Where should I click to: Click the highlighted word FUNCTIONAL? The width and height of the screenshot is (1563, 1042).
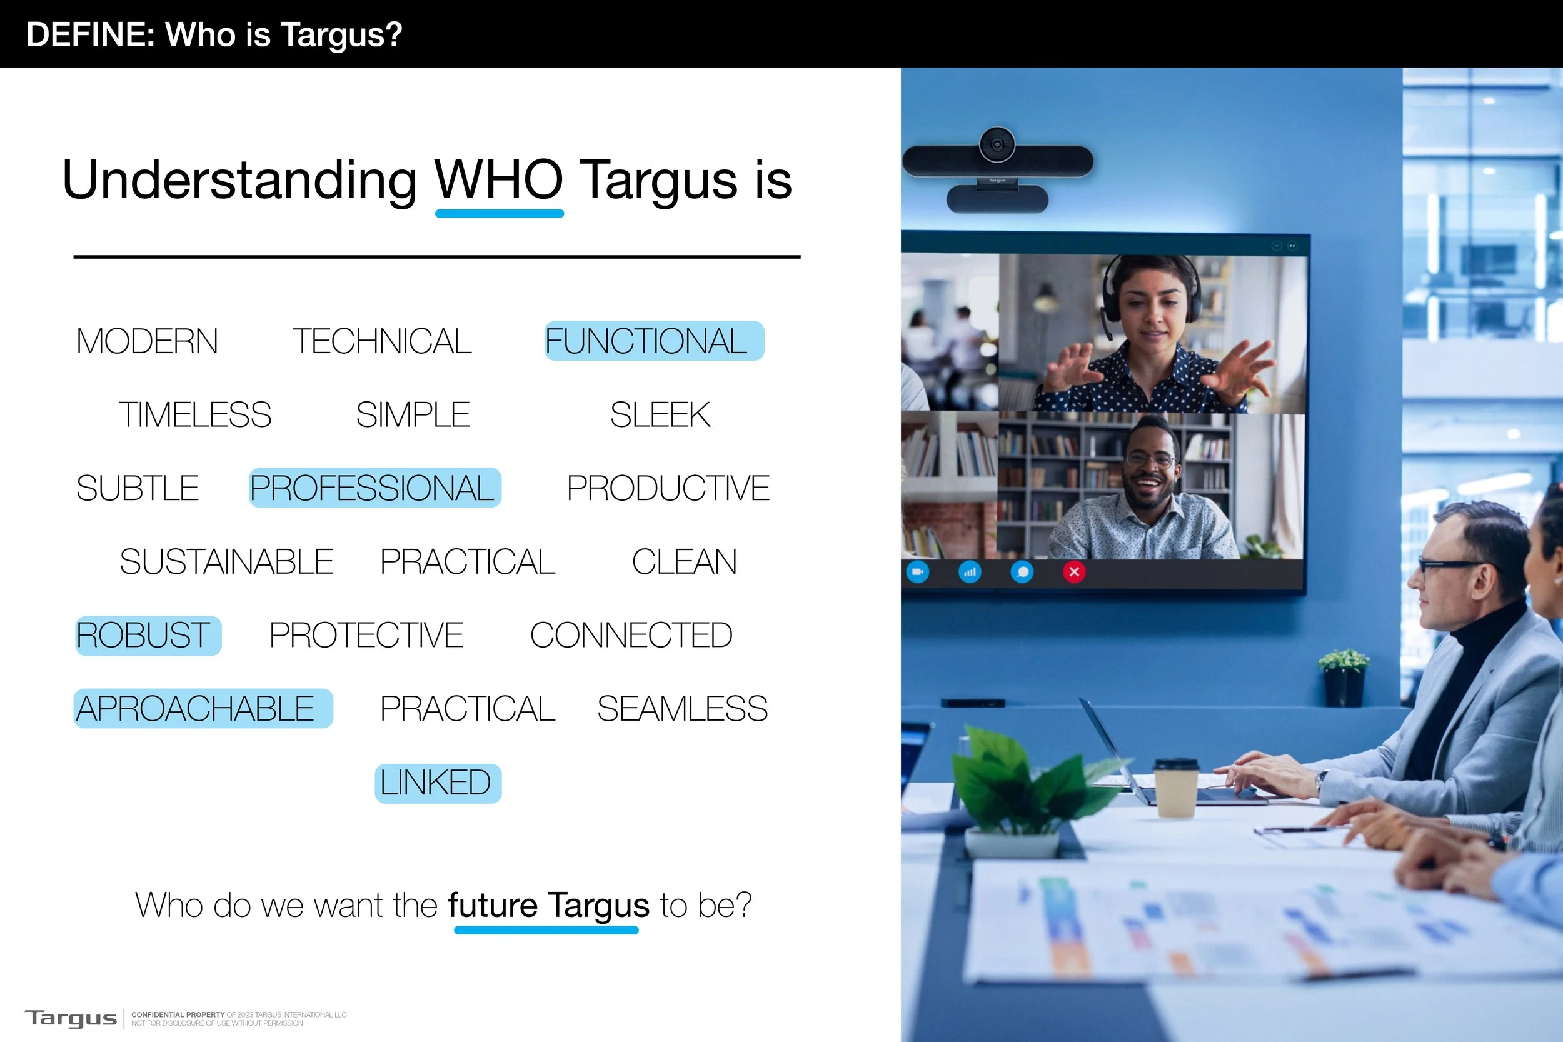pos(653,341)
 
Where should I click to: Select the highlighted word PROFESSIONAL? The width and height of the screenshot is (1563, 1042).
pos(374,488)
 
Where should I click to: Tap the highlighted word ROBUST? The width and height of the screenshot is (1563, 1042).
pos(148,635)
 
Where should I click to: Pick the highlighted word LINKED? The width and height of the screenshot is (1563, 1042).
pos(437,783)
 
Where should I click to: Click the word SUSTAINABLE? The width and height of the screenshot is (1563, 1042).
pos(226,561)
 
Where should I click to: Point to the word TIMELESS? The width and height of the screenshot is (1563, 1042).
pos(194,414)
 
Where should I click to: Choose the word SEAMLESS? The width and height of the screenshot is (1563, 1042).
pos(682,708)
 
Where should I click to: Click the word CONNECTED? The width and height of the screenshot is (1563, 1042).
pos(631,635)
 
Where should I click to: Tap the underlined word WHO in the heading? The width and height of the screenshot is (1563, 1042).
pos(498,180)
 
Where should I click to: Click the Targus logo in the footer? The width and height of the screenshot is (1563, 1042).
pos(71,1018)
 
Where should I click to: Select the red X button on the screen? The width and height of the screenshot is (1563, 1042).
pos(1074,571)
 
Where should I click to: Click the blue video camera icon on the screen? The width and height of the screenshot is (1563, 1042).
pos(918,571)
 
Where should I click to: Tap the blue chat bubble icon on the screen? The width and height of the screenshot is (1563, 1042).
pos(1022,571)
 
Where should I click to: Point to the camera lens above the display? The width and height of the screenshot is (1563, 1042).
pos(997,144)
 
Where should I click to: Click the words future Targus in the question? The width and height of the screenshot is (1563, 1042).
pos(548,905)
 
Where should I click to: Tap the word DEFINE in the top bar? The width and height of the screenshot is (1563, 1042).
pos(89,34)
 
